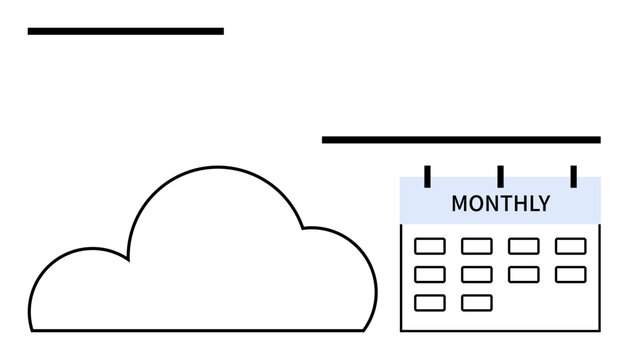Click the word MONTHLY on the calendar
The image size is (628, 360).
pos(500,204)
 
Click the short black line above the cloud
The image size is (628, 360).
pos(125,31)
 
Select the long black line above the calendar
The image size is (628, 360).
pos(461,140)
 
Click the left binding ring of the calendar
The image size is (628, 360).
pos(427,176)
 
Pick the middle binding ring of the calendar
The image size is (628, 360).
pos(500,176)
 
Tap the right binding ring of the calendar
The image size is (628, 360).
pos(573,176)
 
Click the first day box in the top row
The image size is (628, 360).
pos(430,246)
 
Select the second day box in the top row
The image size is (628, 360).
pos(477,246)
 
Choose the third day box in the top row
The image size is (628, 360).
pos(523,246)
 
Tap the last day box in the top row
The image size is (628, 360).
pos(570,246)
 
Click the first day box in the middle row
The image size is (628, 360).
pos(430,274)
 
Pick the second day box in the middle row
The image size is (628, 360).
pos(477,274)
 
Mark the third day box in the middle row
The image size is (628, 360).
pos(523,274)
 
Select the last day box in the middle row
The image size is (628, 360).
pos(570,274)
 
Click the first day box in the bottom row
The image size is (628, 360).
pos(430,302)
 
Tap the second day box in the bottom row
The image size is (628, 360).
pos(477,302)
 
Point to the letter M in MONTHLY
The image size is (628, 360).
pos(460,204)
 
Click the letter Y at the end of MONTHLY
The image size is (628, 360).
pos(544,204)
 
